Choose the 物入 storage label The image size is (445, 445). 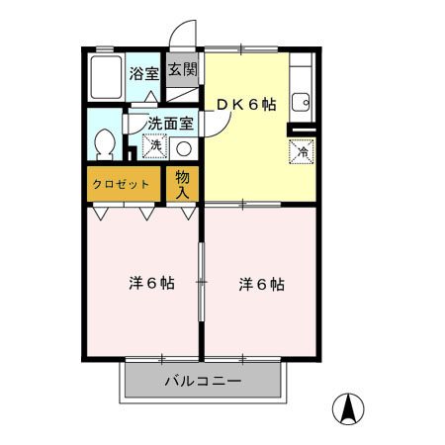pyautogui.click(x=183, y=184)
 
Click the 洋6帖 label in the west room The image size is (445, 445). pyautogui.click(x=150, y=283)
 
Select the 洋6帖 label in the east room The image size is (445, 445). pyautogui.click(x=261, y=284)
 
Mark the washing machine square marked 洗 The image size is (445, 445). pyautogui.click(x=154, y=146)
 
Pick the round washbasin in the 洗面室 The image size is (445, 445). pyautogui.click(x=183, y=148)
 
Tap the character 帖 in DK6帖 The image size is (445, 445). pyautogui.click(x=268, y=105)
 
